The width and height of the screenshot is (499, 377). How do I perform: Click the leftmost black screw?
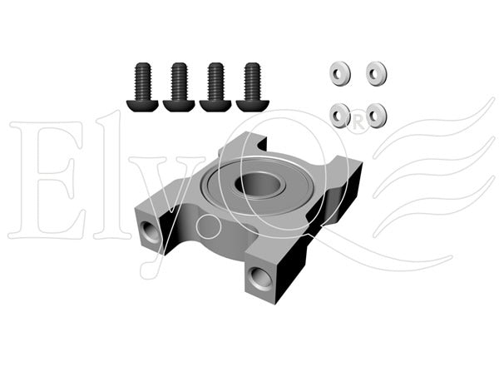[x=142, y=87]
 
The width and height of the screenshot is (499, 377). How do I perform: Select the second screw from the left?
[x=179, y=87]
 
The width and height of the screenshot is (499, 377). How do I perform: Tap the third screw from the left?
[x=215, y=87]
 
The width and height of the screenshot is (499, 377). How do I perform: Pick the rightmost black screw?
[x=252, y=87]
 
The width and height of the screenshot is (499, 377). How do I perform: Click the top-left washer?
[x=339, y=73]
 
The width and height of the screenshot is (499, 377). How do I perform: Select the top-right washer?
[x=377, y=73]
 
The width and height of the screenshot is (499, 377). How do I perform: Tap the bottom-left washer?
[x=339, y=116]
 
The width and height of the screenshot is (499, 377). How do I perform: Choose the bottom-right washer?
[x=377, y=116]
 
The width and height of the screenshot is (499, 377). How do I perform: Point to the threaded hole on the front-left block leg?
[x=151, y=232]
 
